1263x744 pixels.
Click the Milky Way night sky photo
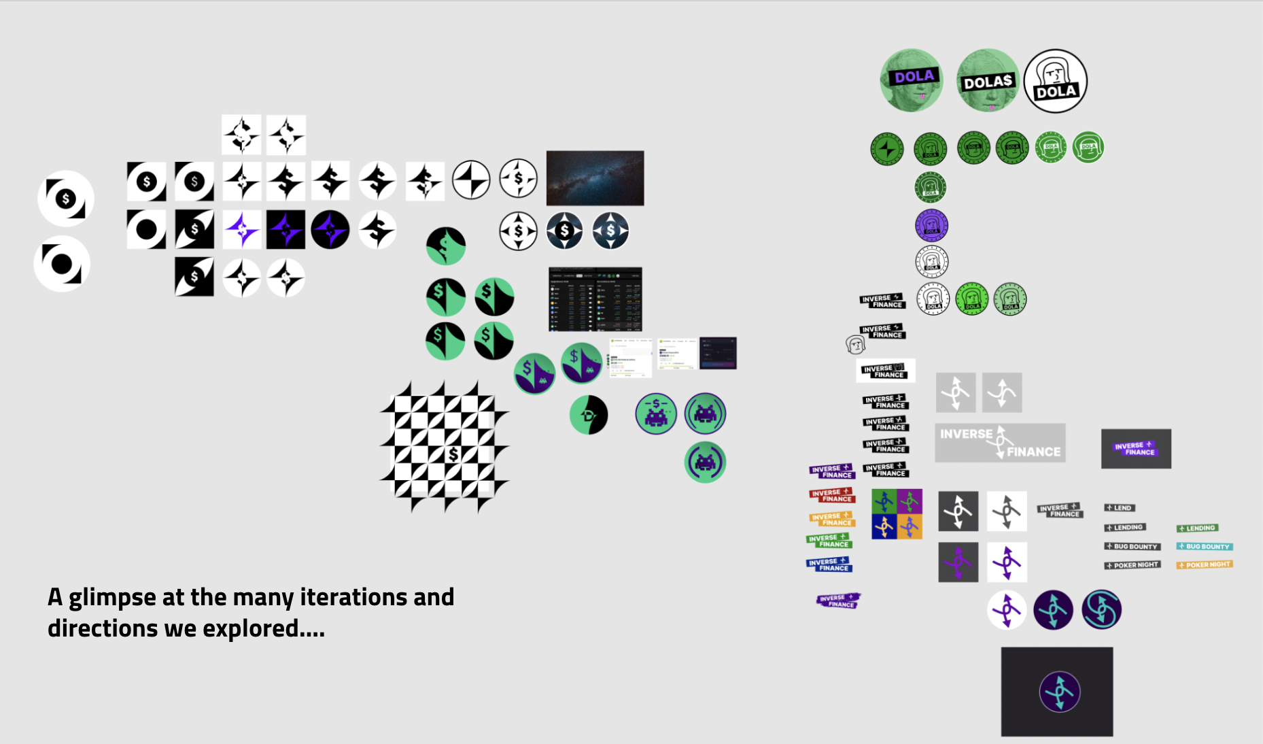tap(595, 178)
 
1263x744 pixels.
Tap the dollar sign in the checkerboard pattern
tap(453, 454)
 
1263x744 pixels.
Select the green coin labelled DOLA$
tap(988, 81)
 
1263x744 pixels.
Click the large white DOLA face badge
tap(1055, 81)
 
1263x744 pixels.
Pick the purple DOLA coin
tap(931, 225)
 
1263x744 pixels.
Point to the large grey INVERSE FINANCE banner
tap(1000, 443)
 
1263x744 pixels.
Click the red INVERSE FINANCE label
tap(831, 495)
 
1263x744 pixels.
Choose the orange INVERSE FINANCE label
tap(831, 519)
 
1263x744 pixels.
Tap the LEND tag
tap(1119, 508)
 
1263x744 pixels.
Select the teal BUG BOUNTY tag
tap(1204, 546)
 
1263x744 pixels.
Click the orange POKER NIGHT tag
tap(1204, 564)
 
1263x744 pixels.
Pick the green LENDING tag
tap(1197, 528)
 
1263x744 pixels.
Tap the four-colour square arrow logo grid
tap(897, 514)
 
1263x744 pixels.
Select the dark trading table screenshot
tap(595, 299)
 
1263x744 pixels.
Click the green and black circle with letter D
tap(589, 415)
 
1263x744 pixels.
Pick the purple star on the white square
tap(241, 230)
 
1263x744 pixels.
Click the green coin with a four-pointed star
tap(887, 148)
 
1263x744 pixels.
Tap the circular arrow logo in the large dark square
tap(1059, 692)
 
